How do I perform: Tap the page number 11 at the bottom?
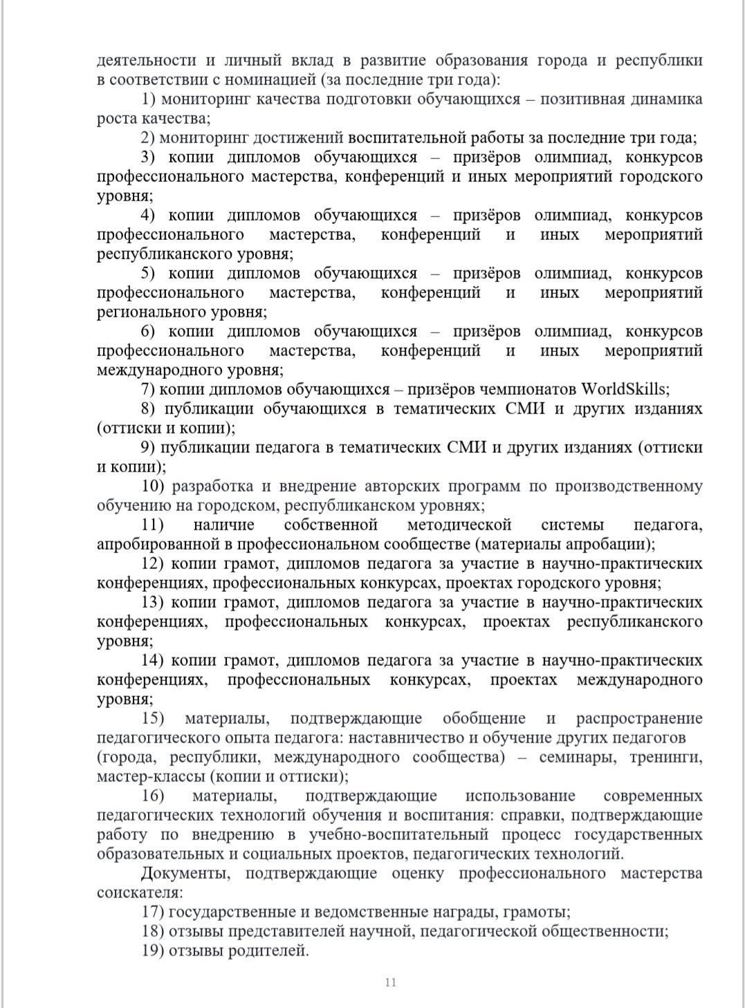pos(390,982)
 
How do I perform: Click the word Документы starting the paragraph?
pos(185,873)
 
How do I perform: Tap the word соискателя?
pos(139,893)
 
